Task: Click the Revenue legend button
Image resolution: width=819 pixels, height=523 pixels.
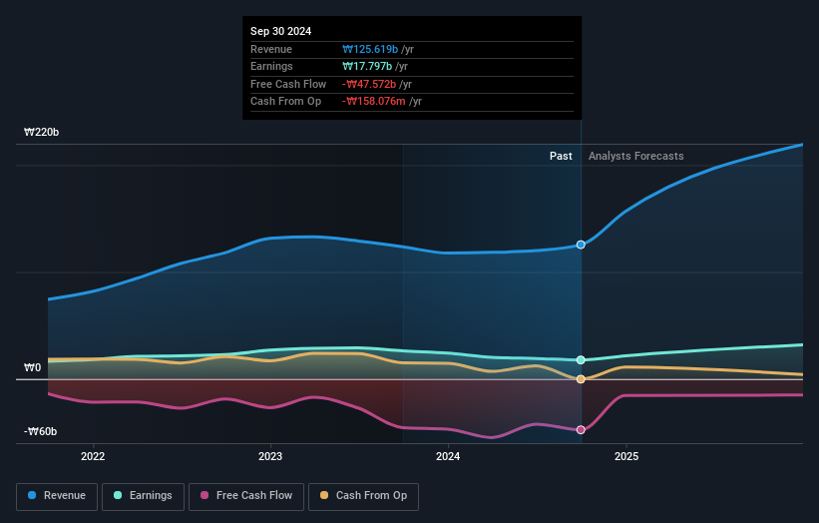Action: [x=57, y=496]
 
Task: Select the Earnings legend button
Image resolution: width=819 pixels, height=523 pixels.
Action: [x=143, y=496]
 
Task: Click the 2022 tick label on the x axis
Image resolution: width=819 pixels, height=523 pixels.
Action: [x=93, y=457]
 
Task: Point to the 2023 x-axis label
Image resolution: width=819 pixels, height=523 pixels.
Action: [x=270, y=457]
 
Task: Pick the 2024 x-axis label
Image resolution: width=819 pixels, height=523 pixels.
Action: [x=448, y=457]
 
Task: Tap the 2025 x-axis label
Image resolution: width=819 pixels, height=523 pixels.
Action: [x=626, y=457]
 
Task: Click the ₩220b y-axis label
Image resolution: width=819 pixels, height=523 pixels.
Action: [x=42, y=132]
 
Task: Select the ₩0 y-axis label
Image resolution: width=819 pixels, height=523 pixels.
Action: [x=33, y=367]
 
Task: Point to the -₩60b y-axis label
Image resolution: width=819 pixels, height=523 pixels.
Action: [x=41, y=431]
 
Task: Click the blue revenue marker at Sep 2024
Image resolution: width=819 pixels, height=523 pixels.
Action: [x=581, y=245]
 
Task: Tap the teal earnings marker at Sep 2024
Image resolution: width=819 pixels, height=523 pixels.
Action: [x=581, y=360]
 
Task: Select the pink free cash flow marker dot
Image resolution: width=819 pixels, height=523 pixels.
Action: [x=581, y=430]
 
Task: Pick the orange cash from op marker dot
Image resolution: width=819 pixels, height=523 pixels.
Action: [x=581, y=379]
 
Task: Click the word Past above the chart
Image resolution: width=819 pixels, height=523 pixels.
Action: [x=561, y=156]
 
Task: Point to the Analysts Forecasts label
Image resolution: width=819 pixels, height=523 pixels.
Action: [x=636, y=156]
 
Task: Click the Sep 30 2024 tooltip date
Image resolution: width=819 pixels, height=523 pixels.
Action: [x=280, y=31]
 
